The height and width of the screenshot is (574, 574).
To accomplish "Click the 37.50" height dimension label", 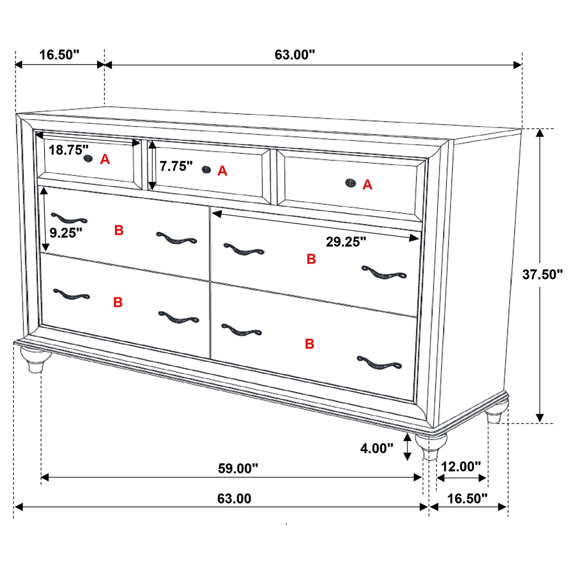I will (x=542, y=274).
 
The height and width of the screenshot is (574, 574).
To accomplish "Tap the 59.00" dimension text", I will (x=238, y=469).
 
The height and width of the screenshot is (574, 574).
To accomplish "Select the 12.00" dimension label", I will (x=461, y=466).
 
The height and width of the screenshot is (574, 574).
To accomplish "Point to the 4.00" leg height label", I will (x=377, y=448).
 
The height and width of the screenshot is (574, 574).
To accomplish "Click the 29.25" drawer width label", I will (x=346, y=242).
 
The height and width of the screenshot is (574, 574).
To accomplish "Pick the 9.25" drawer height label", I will (x=66, y=233).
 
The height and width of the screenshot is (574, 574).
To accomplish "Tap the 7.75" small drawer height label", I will (x=176, y=166).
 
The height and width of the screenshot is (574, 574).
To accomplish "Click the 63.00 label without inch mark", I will (x=234, y=499).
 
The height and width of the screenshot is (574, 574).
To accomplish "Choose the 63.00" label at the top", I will (x=295, y=55).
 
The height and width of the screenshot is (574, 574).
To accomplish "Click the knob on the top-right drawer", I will (x=350, y=183).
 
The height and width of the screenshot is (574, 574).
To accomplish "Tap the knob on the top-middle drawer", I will (x=206, y=170).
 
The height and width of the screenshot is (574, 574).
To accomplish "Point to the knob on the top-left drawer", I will (x=88, y=158).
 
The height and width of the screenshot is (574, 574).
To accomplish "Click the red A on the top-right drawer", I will (x=367, y=185).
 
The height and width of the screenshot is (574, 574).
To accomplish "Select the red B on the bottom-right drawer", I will (x=310, y=344).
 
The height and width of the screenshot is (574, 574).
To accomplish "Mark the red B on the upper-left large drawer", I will (x=119, y=230).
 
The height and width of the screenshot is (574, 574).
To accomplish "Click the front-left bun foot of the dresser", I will (x=36, y=359).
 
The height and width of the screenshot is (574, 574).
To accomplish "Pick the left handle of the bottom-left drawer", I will (x=72, y=294).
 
